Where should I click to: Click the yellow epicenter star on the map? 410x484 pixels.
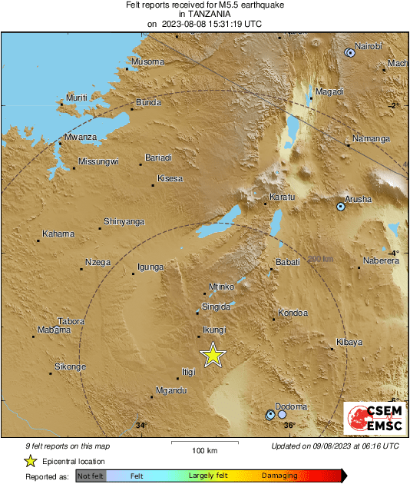coord(213,355)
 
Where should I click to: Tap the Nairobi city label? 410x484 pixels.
coord(369,46)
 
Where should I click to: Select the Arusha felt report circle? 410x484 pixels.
coord(341,207)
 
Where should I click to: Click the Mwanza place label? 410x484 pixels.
coord(81,137)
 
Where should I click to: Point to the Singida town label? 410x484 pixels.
coord(216,307)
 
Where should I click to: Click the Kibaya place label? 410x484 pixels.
coord(349,342)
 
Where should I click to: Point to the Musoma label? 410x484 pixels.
coord(148,61)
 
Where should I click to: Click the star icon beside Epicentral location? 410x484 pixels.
coord(30,461)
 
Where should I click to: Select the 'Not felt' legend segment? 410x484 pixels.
coord(90,476)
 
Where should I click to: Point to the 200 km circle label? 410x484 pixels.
coord(321,259)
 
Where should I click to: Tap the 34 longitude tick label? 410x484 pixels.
coord(140,425)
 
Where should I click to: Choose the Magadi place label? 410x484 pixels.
coord(329,91)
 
